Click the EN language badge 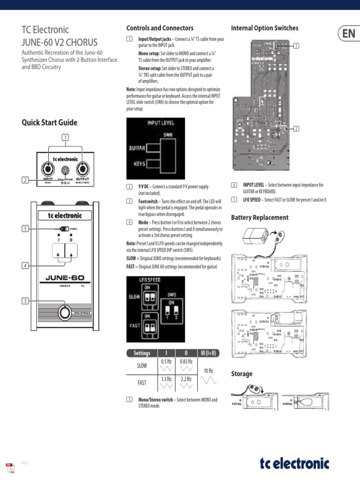[x=348, y=33]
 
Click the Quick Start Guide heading [x=50, y=123]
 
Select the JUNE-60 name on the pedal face [x=65, y=277]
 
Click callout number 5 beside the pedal [x=26, y=229]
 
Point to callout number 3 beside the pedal [x=26, y=300]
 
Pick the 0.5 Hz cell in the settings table [x=166, y=361]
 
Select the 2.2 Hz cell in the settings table [x=186, y=379]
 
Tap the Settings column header [x=142, y=353]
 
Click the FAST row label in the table [x=142, y=382]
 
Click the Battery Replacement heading [x=260, y=217]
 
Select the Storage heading [x=242, y=374]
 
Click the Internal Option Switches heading [x=264, y=28]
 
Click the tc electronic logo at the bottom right [x=294, y=464]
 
